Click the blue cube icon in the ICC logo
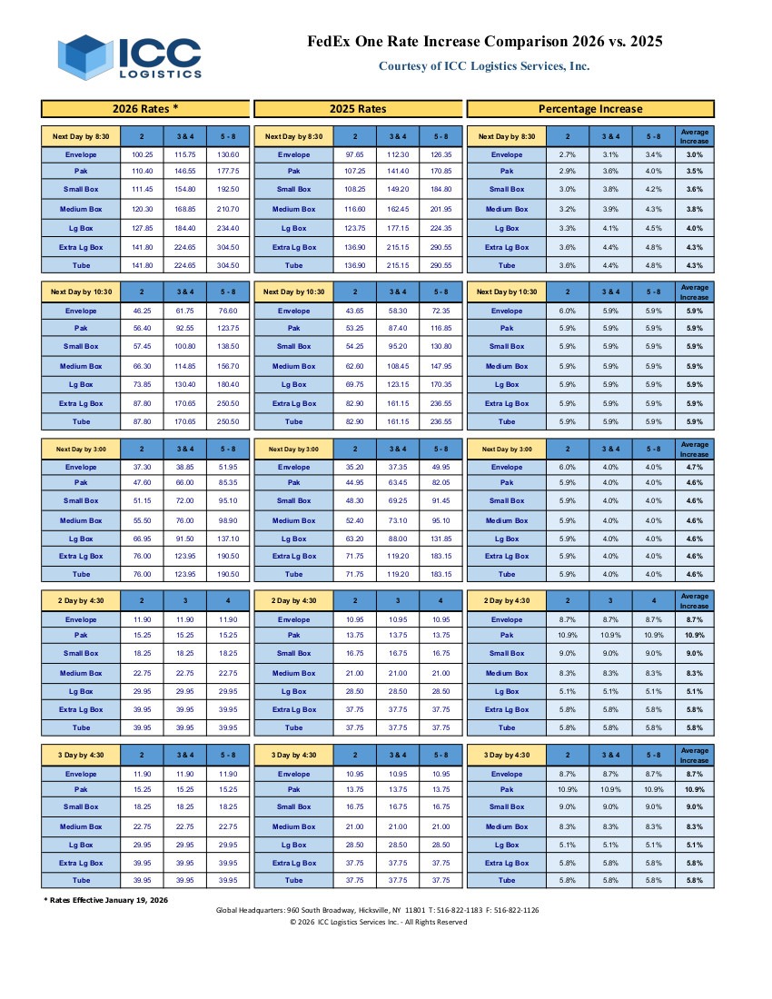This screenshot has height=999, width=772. (86, 56)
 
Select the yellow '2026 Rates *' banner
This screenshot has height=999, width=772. (145, 109)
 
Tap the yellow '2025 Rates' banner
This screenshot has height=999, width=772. (358, 109)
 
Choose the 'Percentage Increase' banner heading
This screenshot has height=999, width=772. (590, 109)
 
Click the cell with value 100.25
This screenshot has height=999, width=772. (142, 154)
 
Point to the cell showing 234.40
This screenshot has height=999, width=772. (228, 228)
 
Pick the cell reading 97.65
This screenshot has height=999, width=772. (355, 154)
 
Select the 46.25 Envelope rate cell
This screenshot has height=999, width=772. (142, 311)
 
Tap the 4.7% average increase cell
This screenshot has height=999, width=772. (694, 467)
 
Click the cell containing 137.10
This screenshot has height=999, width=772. (228, 538)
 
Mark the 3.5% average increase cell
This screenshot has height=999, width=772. (694, 171)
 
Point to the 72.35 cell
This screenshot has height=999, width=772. (440, 311)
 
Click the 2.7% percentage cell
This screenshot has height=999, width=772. (568, 154)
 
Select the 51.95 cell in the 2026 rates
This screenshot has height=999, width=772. (228, 467)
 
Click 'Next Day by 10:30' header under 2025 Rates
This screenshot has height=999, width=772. (293, 292)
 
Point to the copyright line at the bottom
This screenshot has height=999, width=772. (378, 922)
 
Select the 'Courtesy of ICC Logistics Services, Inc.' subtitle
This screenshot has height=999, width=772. (483, 65)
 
